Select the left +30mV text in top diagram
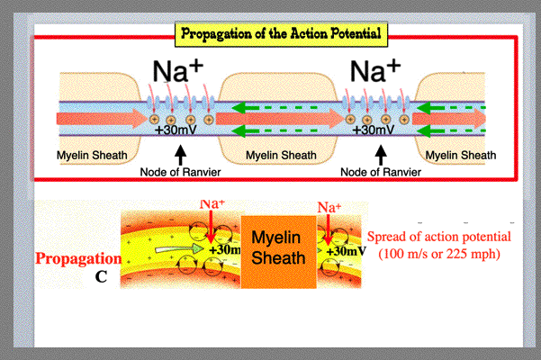[179, 130]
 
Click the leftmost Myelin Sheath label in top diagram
[92, 156]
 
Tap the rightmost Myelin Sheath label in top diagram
[461, 156]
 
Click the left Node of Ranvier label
[181, 171]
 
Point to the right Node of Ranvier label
[380, 171]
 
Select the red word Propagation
[78, 258]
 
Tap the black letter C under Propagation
[101, 276]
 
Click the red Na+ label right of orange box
[329, 208]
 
